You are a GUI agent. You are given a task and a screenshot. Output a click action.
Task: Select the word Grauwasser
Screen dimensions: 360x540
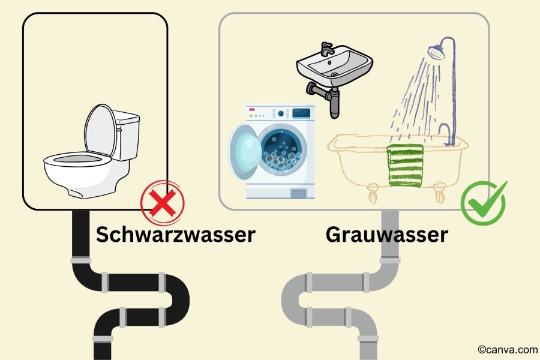(387, 235)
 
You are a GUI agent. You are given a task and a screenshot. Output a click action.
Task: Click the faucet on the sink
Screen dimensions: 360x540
(327, 49)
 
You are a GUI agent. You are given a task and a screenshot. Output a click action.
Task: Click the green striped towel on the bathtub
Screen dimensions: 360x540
(406, 166)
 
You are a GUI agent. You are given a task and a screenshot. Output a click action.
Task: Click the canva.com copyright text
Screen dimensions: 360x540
(507, 349)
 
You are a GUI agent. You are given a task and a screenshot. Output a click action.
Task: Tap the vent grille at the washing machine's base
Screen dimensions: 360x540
(298, 194)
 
